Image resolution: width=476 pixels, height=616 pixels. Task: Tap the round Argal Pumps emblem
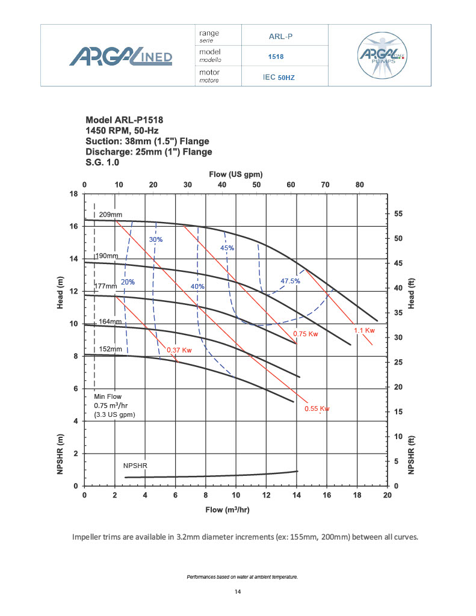(381, 55)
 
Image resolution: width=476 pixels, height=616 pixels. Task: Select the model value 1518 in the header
(276, 57)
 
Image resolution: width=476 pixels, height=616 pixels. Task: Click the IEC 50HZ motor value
(279, 77)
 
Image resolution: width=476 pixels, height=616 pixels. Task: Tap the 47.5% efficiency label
(291, 281)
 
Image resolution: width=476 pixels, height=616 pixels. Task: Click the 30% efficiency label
(156, 239)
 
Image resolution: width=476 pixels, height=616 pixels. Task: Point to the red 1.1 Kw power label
(364, 330)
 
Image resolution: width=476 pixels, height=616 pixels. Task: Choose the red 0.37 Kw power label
(179, 350)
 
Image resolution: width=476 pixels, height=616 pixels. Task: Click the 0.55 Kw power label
(317, 409)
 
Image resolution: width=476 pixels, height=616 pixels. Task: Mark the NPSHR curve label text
(135, 466)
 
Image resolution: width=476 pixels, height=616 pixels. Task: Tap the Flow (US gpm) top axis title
(236, 174)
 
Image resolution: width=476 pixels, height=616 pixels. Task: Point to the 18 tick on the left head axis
(75, 194)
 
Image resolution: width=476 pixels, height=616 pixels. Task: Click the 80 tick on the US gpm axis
(359, 185)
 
